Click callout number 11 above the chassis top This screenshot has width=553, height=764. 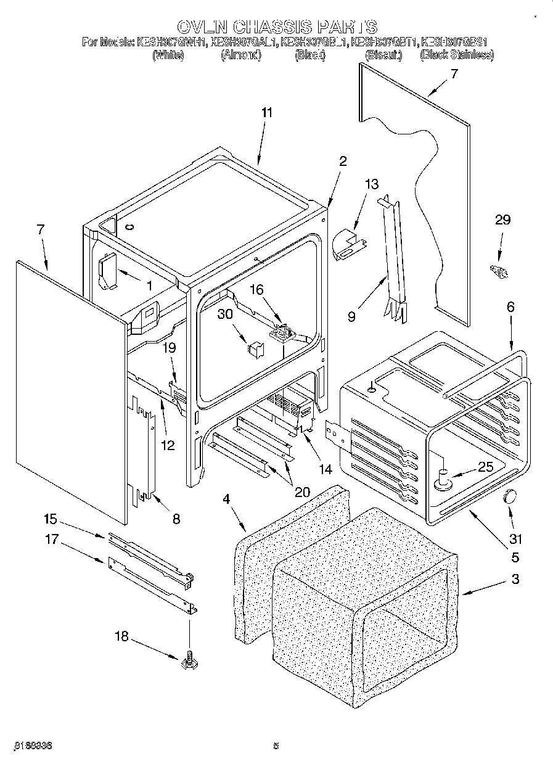coord(266,113)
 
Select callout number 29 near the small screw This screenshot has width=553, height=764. coord(503,220)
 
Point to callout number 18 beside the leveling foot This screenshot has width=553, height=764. coord(123,636)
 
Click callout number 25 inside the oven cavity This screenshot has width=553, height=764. coord(486,467)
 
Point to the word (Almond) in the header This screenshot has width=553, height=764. coord(241,55)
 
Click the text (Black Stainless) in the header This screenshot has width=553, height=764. coord(457,55)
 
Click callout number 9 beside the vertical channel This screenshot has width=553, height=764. coord(351,318)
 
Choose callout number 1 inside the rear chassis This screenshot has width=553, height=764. coord(149,285)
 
